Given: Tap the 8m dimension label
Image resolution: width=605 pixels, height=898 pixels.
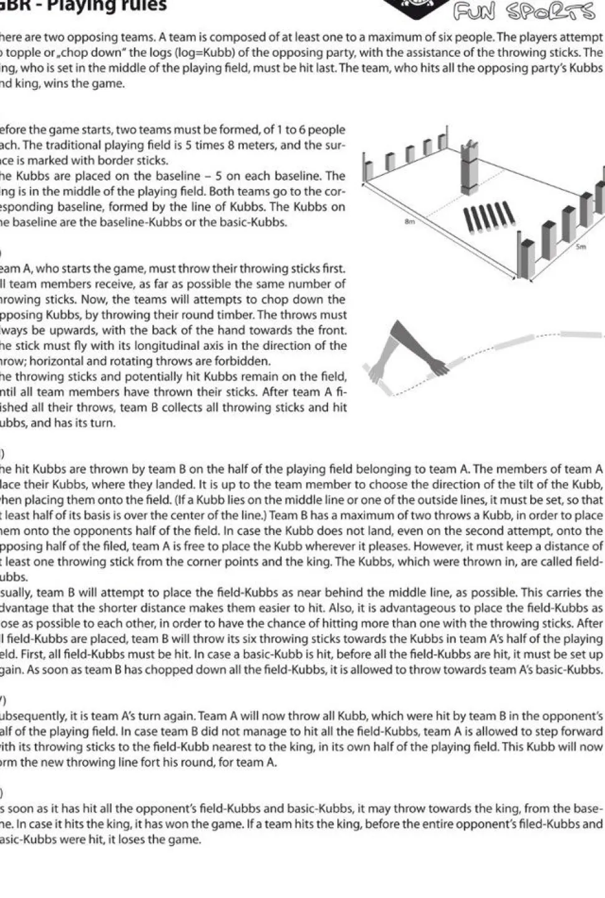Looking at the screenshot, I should click(410, 221).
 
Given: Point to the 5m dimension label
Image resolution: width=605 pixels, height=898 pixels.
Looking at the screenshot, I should click(581, 247).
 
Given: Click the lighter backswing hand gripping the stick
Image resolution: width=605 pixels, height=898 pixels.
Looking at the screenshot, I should click(377, 375).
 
